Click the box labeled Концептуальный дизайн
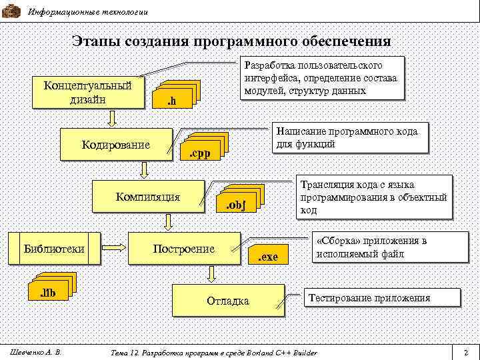pos(88,93)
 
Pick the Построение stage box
pos(184,249)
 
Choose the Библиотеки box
pos(54,249)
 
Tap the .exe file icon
pos(268,254)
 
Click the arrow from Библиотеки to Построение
pos(113,249)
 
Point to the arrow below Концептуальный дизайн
pos(113,118)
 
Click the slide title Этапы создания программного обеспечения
pos(231,41)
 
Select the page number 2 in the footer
pos(465,352)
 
